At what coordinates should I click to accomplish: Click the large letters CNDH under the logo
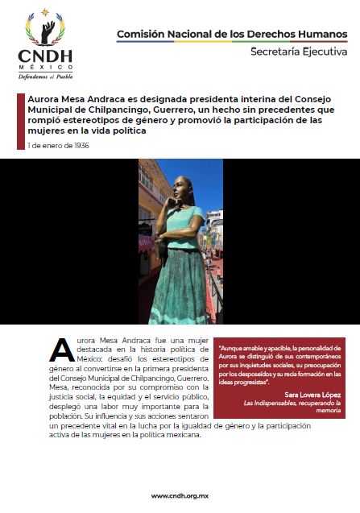(x=45, y=56)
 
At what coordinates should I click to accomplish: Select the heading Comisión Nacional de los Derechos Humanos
(x=232, y=34)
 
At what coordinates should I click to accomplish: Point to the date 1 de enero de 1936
(x=57, y=146)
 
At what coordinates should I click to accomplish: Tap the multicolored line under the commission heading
(x=232, y=42)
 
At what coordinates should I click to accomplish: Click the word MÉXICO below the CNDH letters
(x=45, y=66)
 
